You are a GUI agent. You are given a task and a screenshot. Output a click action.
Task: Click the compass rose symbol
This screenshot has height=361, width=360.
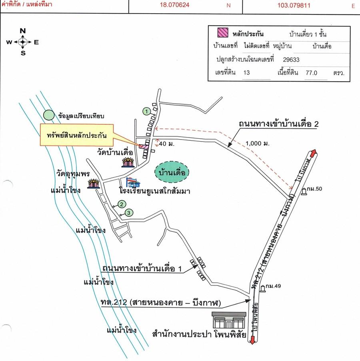[23, 42]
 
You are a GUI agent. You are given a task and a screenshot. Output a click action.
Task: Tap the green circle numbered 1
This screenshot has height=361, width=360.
[147, 110]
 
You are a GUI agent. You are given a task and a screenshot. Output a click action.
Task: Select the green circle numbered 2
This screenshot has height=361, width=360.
[120, 205]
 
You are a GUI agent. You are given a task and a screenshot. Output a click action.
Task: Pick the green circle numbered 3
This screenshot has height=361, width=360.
[128, 213]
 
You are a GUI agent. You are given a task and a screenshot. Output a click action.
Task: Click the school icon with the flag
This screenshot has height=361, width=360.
[132, 183]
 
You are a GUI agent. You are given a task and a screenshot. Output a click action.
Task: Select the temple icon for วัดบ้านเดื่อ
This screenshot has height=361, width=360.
[128, 162]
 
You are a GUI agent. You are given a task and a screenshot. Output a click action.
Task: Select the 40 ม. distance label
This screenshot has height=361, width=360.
[167, 144]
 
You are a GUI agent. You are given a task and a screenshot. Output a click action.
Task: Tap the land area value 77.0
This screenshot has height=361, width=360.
[311, 73]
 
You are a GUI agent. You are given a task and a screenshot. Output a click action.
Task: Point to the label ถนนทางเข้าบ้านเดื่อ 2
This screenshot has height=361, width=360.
[279, 124]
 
